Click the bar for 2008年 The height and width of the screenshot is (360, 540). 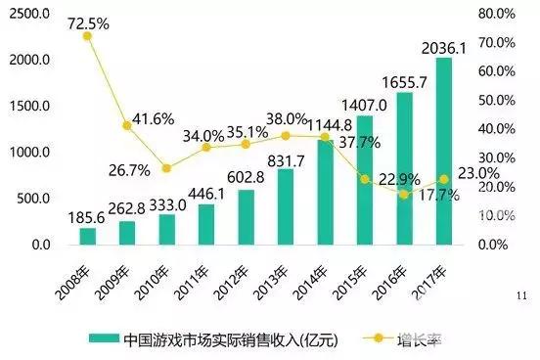(x=87, y=235)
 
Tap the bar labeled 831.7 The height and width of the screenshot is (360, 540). (x=286, y=205)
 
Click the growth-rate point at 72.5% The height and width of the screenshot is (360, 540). (x=87, y=35)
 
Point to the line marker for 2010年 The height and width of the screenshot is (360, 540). (x=166, y=168)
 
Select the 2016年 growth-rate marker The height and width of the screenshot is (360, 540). (x=404, y=194)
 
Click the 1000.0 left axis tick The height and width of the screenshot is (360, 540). (x=30, y=153)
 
